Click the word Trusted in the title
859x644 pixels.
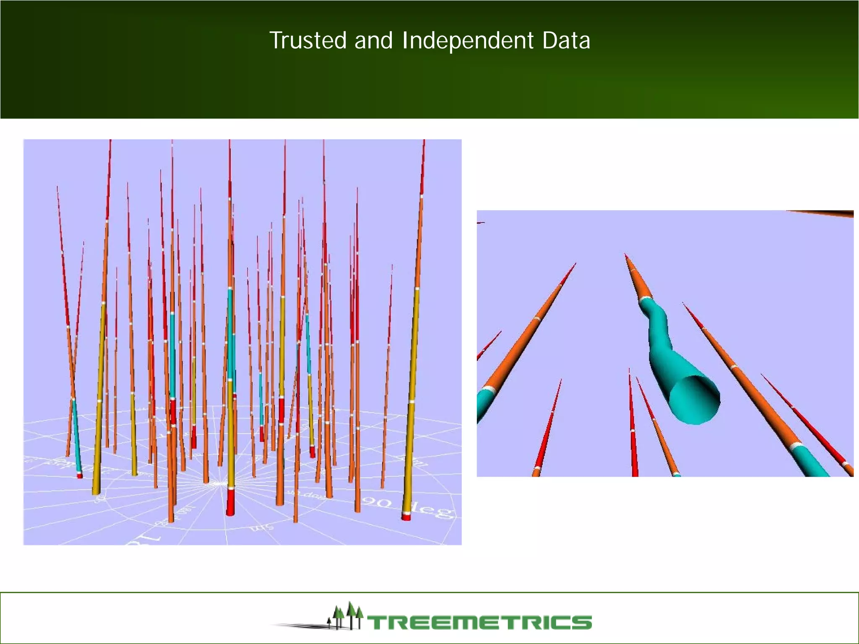tap(308, 41)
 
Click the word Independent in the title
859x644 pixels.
tap(468, 41)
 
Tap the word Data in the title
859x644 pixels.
tap(566, 41)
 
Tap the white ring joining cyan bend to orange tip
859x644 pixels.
tap(646, 299)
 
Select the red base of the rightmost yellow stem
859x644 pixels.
tap(406, 517)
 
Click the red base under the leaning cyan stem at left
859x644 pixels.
tap(80, 476)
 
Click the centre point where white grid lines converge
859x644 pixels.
tap(219, 484)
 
